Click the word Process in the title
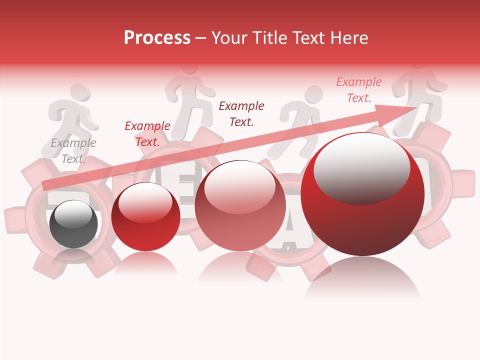pos(157,38)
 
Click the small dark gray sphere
pos(74,224)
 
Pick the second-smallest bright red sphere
pos(145,217)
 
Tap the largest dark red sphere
pos(362,195)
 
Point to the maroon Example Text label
pos(241,113)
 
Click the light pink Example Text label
pos(358,90)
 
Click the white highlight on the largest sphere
pos(361,167)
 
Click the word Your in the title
pos(225,38)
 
